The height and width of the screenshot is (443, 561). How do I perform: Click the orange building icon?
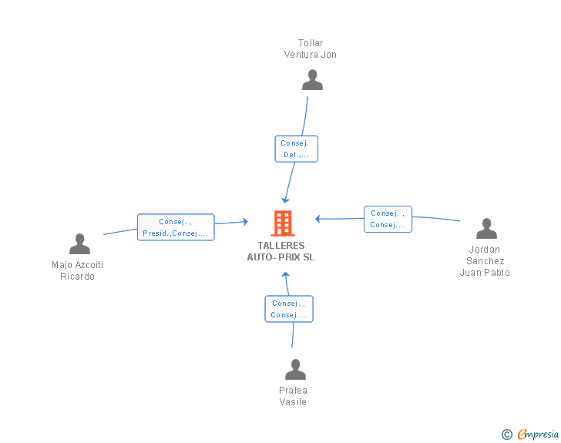coord(283,223)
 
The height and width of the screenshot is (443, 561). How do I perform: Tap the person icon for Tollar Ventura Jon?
coord(312,80)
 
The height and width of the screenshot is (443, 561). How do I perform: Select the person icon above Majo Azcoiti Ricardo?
coord(79,243)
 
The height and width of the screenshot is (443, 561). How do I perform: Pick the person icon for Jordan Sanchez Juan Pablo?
coord(486,228)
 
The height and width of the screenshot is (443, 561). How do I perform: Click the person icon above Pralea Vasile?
coord(296,369)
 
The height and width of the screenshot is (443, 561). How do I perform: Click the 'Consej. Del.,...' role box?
coord(296,149)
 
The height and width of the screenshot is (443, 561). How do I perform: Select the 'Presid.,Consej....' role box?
coord(176,227)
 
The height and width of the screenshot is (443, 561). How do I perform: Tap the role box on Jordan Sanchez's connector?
coord(388,219)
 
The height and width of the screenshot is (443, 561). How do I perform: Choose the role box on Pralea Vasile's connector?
coord(289,309)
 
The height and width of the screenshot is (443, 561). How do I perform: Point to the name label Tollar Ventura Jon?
coord(311,49)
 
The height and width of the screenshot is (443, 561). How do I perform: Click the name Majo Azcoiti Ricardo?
coord(77,270)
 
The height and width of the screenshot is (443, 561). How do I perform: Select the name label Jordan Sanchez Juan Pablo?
coord(485,261)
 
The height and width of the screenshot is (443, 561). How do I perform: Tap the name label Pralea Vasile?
coord(293,396)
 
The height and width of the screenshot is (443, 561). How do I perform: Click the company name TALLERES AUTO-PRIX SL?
coord(280,251)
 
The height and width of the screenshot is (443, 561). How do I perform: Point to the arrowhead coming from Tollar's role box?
coord(285,200)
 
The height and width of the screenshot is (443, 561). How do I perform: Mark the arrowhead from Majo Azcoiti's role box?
coord(245,222)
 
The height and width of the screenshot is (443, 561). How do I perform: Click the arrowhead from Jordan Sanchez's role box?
coord(317,219)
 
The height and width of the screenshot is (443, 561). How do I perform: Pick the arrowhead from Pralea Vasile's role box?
coord(285,275)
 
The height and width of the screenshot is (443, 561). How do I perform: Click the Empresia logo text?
coord(538,434)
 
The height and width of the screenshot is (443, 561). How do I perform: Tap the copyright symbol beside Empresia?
coord(507,435)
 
